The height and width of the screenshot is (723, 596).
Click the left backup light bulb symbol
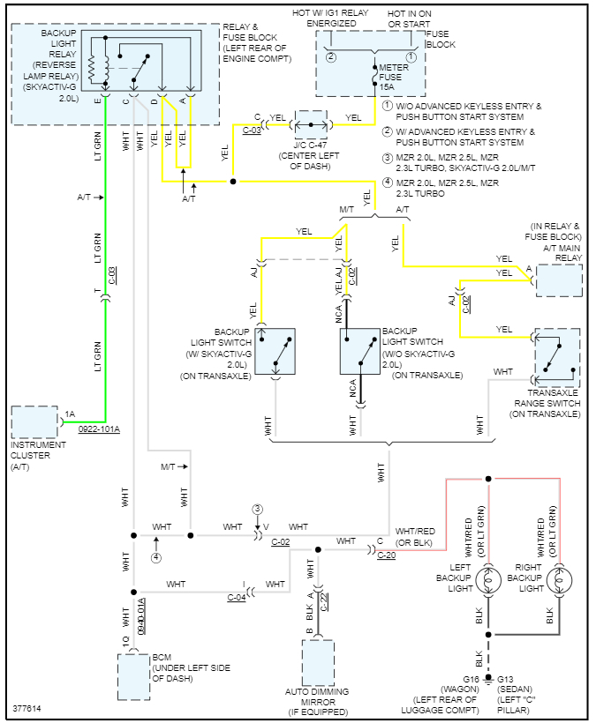487,581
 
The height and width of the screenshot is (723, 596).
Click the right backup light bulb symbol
559,581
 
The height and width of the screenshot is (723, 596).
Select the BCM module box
134,676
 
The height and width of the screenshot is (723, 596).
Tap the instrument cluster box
34,422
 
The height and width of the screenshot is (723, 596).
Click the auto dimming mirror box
318,662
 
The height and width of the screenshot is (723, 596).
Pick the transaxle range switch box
556,357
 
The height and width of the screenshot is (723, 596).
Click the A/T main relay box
559,280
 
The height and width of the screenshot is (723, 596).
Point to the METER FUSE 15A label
389,79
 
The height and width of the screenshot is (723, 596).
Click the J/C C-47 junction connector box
309,123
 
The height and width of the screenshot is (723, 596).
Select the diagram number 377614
26,709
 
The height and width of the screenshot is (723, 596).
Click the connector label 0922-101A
98,429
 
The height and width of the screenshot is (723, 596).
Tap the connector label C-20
387,555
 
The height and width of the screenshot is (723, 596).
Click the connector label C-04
237,598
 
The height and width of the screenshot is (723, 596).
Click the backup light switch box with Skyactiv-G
275,351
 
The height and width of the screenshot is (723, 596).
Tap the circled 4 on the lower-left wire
155,557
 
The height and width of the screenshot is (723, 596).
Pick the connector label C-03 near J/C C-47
252,130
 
